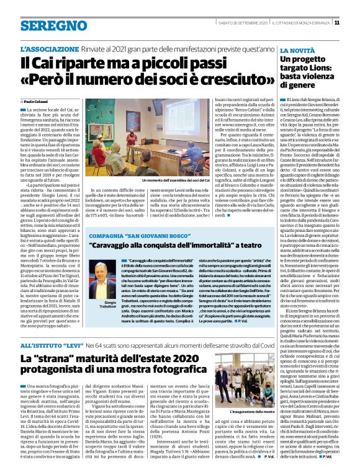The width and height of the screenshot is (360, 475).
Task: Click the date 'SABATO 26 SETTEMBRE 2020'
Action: [240, 23]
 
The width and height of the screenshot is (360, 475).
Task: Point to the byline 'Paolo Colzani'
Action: [38, 100]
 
